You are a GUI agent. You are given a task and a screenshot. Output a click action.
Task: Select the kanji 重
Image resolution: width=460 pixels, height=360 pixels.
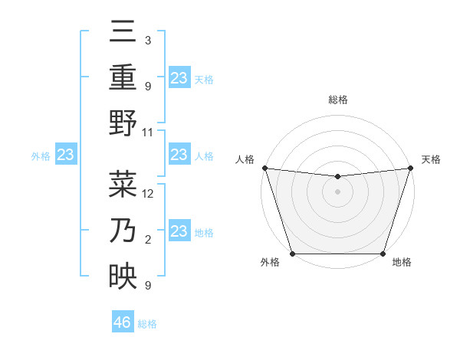click(x=123, y=78)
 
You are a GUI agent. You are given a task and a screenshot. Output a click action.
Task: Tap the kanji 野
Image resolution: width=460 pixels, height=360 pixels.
click(x=123, y=123)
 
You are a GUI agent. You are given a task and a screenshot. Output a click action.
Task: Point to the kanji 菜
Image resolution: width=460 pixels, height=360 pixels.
click(x=123, y=185)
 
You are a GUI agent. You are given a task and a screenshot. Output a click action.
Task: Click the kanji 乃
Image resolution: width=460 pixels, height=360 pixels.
click(x=123, y=230)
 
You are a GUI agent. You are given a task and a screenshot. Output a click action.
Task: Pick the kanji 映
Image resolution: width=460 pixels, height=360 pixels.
click(x=123, y=273)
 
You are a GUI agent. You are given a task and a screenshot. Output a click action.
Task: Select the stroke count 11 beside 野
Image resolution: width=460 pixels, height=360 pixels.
click(x=148, y=133)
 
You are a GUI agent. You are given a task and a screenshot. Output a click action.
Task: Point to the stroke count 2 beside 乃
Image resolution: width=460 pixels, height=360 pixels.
click(x=148, y=240)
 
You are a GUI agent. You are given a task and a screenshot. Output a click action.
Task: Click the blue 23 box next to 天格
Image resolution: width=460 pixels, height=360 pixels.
click(x=179, y=77)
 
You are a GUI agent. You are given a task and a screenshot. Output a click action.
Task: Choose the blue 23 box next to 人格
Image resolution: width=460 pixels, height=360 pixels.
click(x=179, y=155)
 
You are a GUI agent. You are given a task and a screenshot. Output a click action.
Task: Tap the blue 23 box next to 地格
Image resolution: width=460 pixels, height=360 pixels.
click(x=179, y=231)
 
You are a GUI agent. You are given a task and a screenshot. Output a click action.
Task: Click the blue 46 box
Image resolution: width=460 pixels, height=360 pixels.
click(x=123, y=322)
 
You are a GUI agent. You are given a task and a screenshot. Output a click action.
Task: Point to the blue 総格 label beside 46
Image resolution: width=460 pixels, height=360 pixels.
click(x=147, y=324)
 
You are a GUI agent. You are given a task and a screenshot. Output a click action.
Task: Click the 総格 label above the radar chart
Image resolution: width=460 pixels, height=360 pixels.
click(x=337, y=100)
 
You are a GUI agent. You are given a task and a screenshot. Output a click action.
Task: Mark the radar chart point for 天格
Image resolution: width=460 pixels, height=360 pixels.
click(x=410, y=168)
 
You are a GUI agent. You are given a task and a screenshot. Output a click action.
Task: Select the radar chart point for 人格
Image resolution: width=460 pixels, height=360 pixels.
click(x=264, y=168)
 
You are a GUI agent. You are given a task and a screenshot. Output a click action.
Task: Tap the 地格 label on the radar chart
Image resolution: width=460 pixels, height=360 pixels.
click(x=402, y=262)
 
